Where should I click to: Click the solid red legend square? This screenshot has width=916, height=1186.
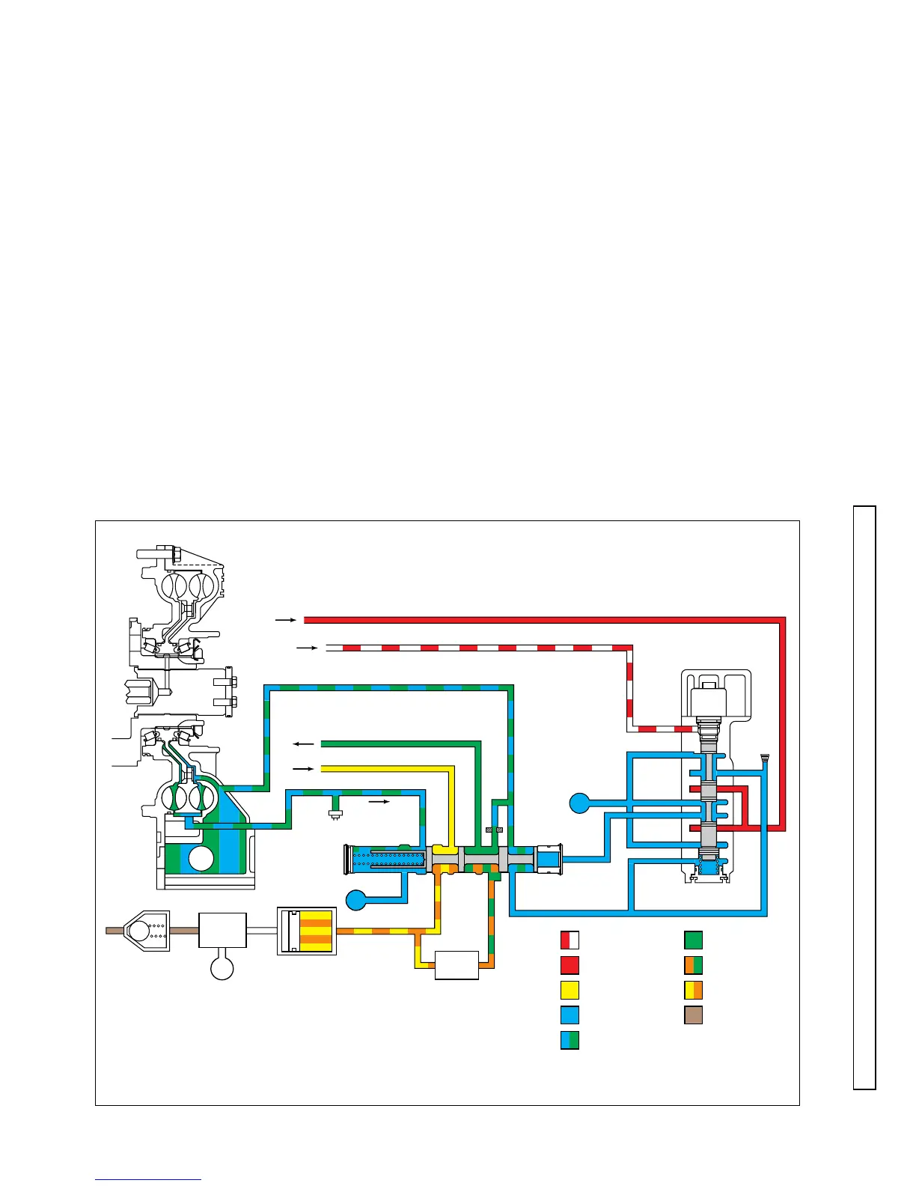570,965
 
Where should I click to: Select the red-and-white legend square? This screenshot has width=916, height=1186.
570,940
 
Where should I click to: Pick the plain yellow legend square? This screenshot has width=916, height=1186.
570,990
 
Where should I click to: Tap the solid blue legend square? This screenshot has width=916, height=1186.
570,1015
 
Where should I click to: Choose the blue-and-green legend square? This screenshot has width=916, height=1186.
570,1040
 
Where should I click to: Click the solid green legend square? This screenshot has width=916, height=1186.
693,940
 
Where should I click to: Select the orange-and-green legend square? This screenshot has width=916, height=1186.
693,965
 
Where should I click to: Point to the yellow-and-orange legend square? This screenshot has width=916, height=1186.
693,990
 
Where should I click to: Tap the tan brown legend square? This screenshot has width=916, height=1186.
693,1015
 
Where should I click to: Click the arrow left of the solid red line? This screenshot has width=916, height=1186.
286,620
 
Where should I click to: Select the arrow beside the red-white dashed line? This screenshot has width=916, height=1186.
307,648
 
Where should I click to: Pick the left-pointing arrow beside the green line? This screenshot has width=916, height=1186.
303,744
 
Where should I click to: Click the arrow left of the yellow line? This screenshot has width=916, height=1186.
303,769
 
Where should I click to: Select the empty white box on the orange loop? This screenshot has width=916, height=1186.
457,965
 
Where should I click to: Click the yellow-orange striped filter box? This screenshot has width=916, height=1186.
307,931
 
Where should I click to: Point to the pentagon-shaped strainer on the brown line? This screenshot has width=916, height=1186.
146,931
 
